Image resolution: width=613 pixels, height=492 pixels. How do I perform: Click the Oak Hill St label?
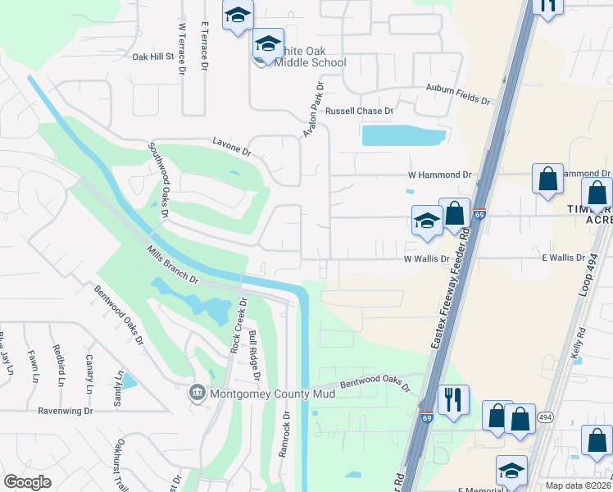point(154,57)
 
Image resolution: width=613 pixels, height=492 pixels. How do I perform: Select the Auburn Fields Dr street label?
point(456,94)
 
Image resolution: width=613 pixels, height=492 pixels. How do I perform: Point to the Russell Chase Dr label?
point(360,111)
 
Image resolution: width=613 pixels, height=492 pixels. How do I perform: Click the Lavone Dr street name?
point(232,148)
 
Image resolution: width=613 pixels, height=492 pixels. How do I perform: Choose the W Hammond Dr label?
point(440,175)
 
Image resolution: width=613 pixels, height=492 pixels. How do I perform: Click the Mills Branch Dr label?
point(173,266)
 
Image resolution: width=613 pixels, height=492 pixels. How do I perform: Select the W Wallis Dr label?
point(426,258)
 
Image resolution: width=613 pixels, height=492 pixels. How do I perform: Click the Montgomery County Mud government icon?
point(198,393)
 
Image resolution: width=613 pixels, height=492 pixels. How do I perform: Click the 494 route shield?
point(545,417)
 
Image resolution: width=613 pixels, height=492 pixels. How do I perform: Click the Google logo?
point(28,482)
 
